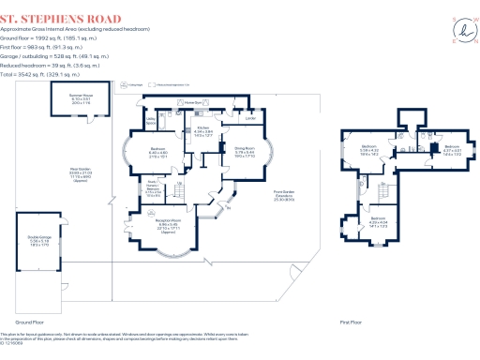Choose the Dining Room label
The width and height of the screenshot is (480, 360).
click(x=246, y=150)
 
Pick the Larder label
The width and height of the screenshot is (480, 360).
click(x=250, y=118)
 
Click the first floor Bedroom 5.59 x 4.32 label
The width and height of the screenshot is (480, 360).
click(x=370, y=148)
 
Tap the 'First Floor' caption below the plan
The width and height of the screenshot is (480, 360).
click(x=352, y=322)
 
